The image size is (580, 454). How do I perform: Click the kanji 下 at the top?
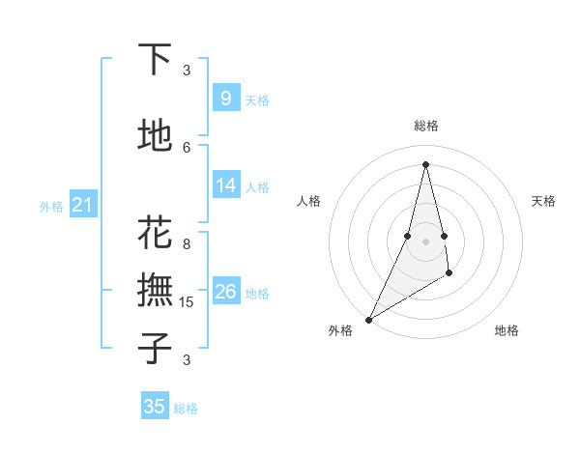[x=155, y=60]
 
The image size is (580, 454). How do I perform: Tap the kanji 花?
[x=155, y=233]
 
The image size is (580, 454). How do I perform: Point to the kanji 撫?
[x=155, y=290]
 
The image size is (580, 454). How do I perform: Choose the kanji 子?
[x=155, y=347]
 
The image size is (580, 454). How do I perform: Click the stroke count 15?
[x=188, y=302]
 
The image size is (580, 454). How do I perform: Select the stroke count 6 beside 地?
[x=187, y=147]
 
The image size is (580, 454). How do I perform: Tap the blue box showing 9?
[x=225, y=99]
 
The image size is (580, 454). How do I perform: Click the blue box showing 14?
[x=225, y=186]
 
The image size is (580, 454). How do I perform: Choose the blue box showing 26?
[x=225, y=293]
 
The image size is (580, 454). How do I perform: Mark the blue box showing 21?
[x=82, y=205]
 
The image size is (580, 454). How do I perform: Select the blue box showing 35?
[x=155, y=407]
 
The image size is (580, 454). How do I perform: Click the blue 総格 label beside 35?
[x=186, y=409]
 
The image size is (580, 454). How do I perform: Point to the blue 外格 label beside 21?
[x=51, y=207]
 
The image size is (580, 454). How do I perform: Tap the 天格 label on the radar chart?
[x=543, y=201]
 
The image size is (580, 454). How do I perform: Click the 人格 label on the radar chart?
[x=308, y=201]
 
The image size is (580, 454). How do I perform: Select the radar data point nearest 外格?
[x=368, y=319]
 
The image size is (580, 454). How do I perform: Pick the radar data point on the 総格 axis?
[x=425, y=164]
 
